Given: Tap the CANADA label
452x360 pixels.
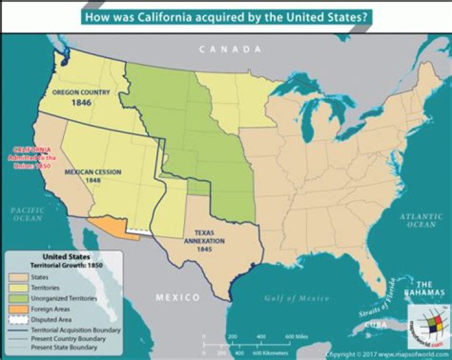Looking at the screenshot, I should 230,49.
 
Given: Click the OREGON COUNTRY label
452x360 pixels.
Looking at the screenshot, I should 81,92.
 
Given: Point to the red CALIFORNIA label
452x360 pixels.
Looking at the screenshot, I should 36,150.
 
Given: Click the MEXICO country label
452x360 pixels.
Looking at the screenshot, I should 178,297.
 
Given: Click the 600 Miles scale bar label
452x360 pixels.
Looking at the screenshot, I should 298,337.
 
